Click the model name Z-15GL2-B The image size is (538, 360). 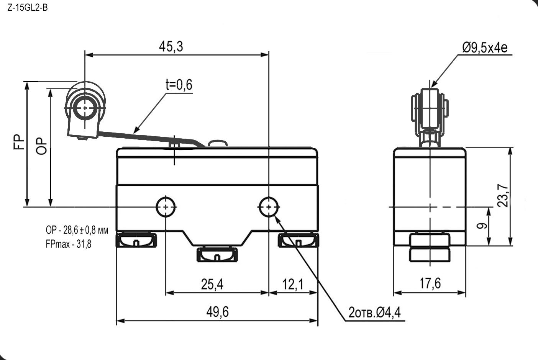tap(27, 8)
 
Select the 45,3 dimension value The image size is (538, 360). tap(171, 46)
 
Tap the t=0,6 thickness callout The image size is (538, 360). tap(179, 85)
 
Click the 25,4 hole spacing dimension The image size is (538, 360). tap(212, 284)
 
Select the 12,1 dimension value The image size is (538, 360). tap(293, 284)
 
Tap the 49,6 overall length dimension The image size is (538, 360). tap(217, 312)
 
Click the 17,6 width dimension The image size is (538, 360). tap(430, 283)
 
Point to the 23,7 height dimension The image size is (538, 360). tap(503, 196)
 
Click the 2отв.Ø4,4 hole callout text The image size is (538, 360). tap(374, 313)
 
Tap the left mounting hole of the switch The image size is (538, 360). tap(166, 207)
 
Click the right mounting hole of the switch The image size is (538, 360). tap(269, 207)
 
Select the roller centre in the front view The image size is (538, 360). tap(84, 108)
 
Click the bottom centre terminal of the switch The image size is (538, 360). tap(217, 255)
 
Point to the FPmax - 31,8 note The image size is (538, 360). tap(69, 244)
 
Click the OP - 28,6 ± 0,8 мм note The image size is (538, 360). tap(77, 231)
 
